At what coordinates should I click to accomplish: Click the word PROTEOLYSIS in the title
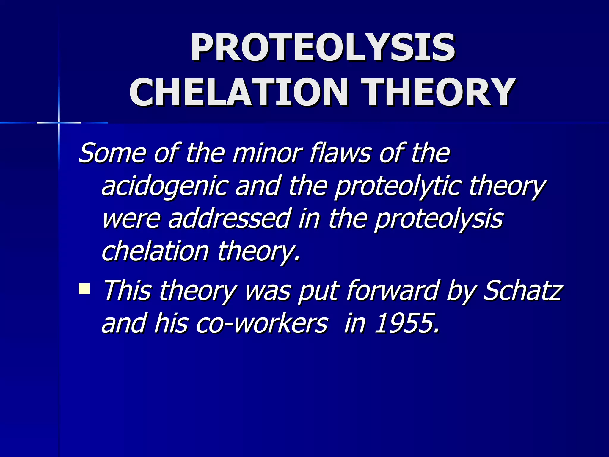tap(322, 48)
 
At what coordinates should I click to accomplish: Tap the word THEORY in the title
tap(438, 92)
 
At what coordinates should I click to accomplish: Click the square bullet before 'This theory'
tap(84, 289)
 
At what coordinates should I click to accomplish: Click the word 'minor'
tap(267, 153)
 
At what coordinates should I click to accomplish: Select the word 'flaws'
tap(340, 153)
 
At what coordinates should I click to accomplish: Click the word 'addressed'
tap(229, 219)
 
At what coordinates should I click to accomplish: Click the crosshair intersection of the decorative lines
tap(59, 123)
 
